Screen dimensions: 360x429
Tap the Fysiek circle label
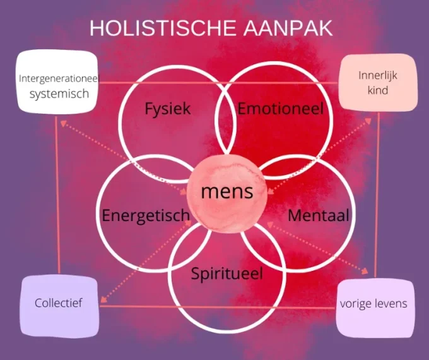167,109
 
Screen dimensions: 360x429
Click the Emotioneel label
280,109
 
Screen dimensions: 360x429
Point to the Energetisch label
145,215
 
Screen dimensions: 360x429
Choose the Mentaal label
318,215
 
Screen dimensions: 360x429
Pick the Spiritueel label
226,274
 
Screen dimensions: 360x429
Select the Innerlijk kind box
378,82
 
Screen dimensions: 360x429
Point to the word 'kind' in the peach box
378,90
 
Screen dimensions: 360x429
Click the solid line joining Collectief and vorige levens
218,308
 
